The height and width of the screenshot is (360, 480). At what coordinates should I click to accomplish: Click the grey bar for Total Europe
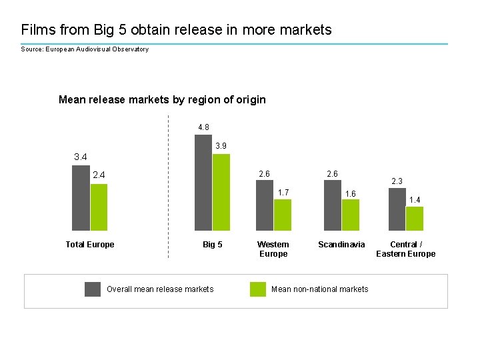pyautogui.click(x=81, y=198)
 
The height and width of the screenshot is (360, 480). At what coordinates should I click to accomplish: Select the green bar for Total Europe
pyautogui.click(x=99, y=207)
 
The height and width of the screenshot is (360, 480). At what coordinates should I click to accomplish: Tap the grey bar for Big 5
pyautogui.click(x=203, y=183)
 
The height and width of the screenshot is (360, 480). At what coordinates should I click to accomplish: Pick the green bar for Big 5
pyautogui.click(x=221, y=192)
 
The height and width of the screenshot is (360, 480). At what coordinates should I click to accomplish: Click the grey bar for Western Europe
pyautogui.click(x=265, y=205)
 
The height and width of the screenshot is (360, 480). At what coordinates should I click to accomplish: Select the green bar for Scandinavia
pyautogui.click(x=351, y=215)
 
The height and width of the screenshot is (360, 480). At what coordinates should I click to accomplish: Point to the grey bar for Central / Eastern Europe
pyautogui.click(x=397, y=209)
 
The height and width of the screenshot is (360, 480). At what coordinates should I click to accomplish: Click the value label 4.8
pyautogui.click(x=203, y=127)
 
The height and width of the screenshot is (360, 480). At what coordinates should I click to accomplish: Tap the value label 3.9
pyautogui.click(x=221, y=146)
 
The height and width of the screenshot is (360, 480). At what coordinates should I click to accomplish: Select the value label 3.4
pyautogui.click(x=81, y=157)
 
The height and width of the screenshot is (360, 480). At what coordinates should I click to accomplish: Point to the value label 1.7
pyautogui.click(x=283, y=193)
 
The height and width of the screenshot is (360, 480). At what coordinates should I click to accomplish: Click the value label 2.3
pyautogui.click(x=397, y=181)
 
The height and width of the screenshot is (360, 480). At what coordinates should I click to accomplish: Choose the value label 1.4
pyautogui.click(x=415, y=199)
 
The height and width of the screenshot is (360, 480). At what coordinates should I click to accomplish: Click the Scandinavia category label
pyautogui.click(x=341, y=245)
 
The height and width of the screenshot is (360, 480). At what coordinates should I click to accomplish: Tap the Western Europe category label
pyautogui.click(x=273, y=249)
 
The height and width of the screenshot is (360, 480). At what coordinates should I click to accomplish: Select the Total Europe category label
pyautogui.click(x=90, y=245)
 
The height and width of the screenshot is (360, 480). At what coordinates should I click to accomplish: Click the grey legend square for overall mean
pyautogui.click(x=93, y=289)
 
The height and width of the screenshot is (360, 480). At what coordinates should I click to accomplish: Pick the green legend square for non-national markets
pyautogui.click(x=258, y=289)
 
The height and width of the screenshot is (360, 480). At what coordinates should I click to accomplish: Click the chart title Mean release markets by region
pyautogui.click(x=162, y=100)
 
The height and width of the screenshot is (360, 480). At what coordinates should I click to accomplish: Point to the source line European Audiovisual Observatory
pyautogui.click(x=85, y=49)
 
